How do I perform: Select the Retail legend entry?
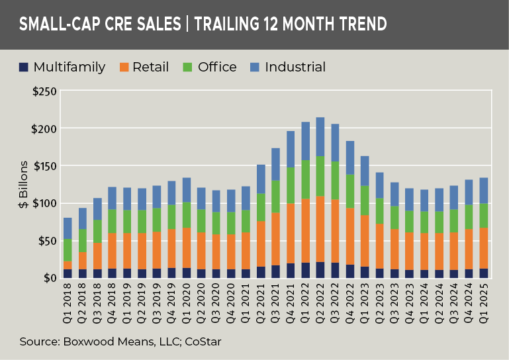point(150,67)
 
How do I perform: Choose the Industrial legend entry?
point(295,67)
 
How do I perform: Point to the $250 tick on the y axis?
point(42,91)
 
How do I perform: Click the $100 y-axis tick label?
point(42,203)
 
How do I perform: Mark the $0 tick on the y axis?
point(48,278)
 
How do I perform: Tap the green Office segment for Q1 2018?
point(67,249)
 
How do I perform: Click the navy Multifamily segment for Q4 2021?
point(290,270)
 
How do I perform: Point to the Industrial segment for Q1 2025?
point(485,191)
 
